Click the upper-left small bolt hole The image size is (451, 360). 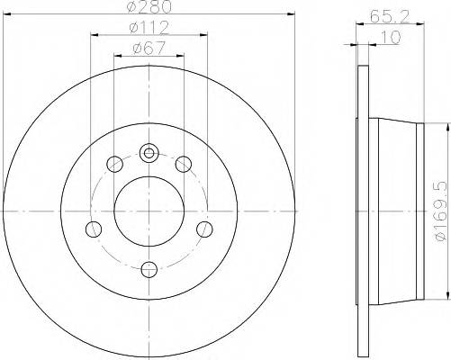click(115, 164)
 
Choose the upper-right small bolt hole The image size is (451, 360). click(183, 164)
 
